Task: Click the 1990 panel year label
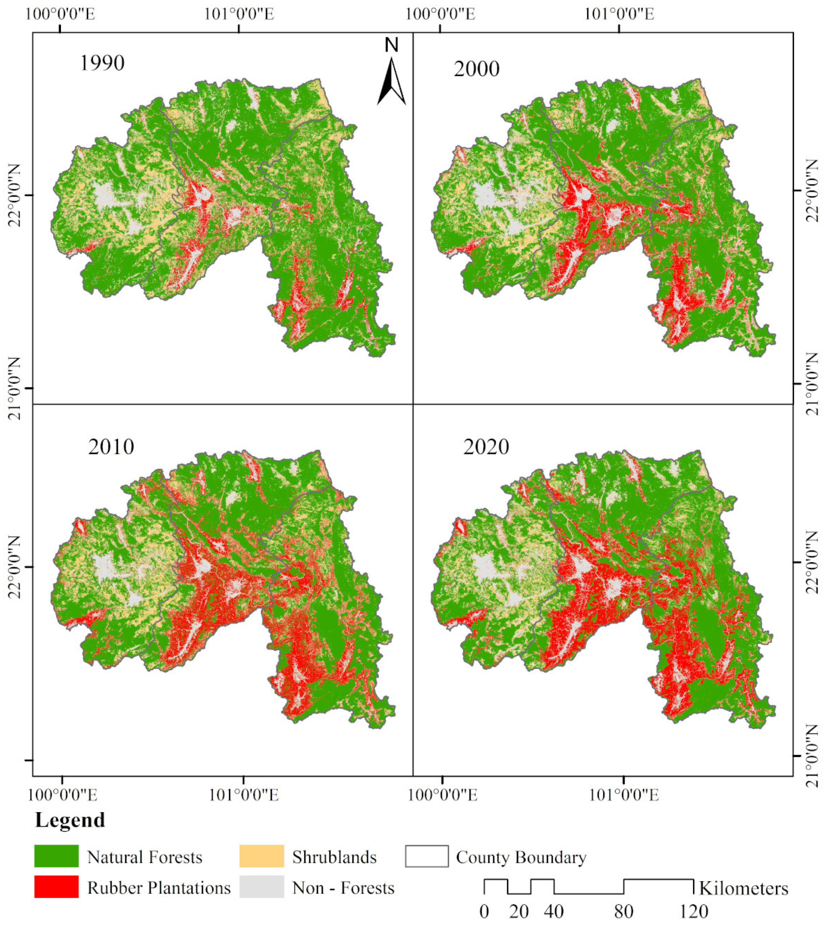point(102,63)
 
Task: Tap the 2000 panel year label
point(477,69)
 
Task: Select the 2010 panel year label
point(111,447)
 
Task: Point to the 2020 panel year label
point(486,447)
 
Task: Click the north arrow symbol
point(391,82)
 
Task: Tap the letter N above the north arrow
point(391,45)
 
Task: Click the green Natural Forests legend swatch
point(56,856)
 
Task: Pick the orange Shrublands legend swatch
point(262,856)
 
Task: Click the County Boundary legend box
point(427,856)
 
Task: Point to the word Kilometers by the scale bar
point(743,888)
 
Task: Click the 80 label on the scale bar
point(624,911)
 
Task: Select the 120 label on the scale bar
point(693,911)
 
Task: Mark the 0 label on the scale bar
point(484,911)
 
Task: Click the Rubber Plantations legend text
point(159,888)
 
